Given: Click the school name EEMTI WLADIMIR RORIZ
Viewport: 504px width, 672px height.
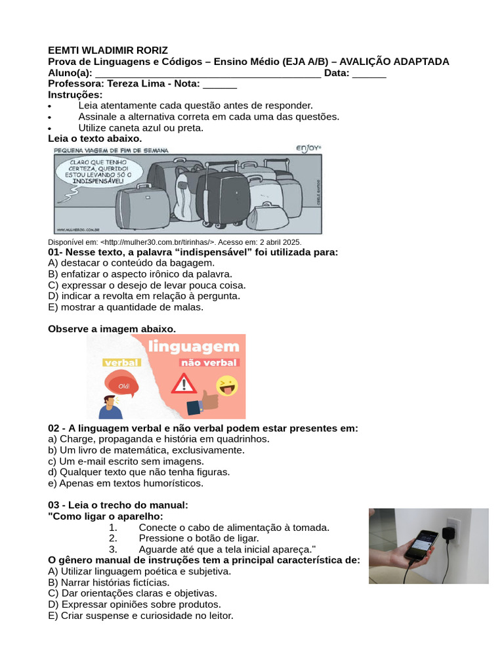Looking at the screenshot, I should coord(108,51).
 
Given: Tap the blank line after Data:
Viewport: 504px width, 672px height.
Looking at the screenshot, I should coord(369,73).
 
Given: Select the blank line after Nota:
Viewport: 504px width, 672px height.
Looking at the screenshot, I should coord(220,84).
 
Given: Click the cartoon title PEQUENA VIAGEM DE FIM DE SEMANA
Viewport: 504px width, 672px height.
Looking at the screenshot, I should coord(112,150).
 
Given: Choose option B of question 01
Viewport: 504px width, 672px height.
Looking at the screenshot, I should coord(140,274).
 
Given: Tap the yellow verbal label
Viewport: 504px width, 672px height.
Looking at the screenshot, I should coord(121,362).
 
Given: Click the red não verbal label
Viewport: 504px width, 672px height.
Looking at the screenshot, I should coord(209,362).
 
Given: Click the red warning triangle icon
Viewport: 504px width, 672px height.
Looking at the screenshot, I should coord(184,383).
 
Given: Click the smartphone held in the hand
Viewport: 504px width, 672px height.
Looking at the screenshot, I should coord(419,545).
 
